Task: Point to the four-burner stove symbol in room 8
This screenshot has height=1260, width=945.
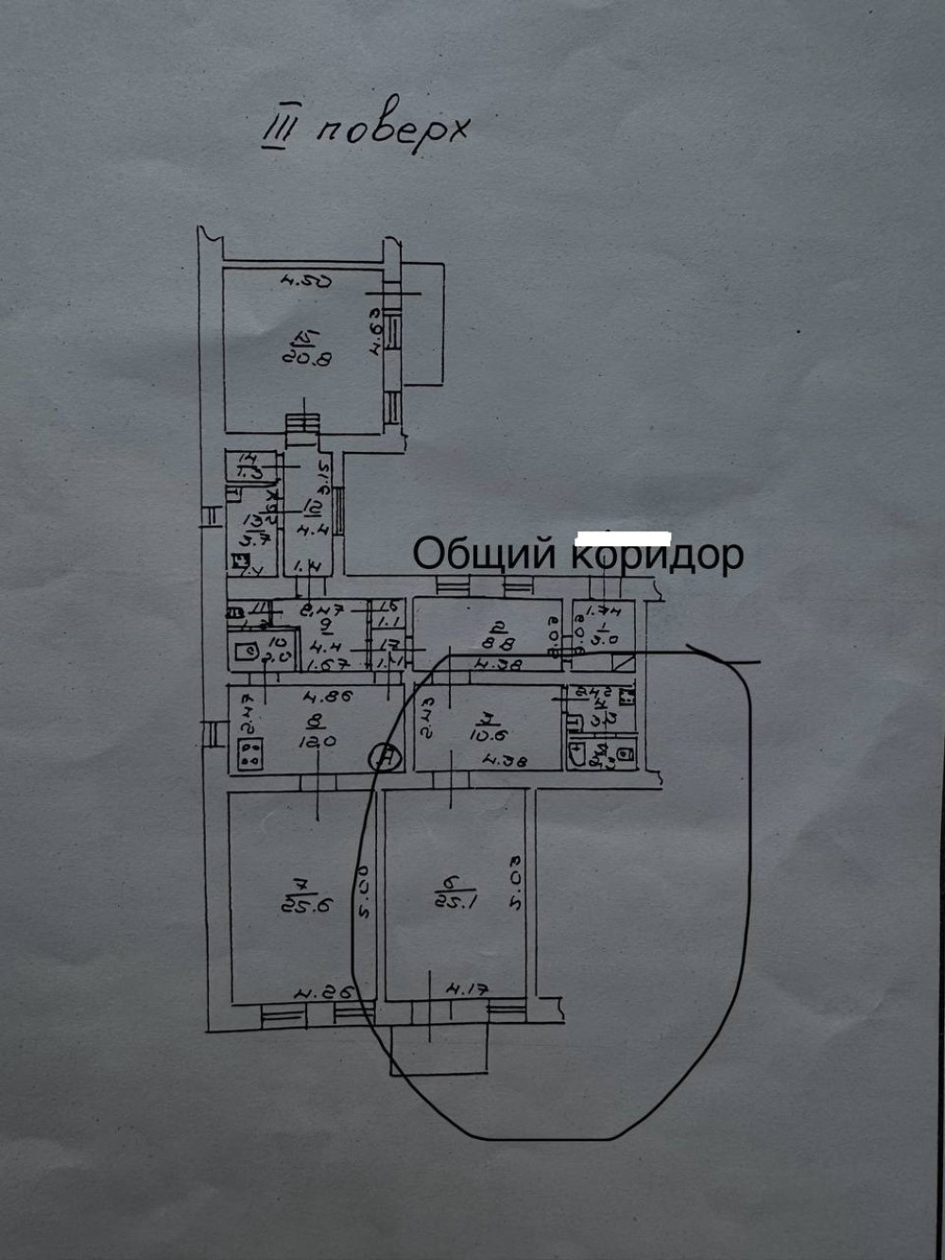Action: (250, 753)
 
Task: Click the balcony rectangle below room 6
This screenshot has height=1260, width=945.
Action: (439, 1046)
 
